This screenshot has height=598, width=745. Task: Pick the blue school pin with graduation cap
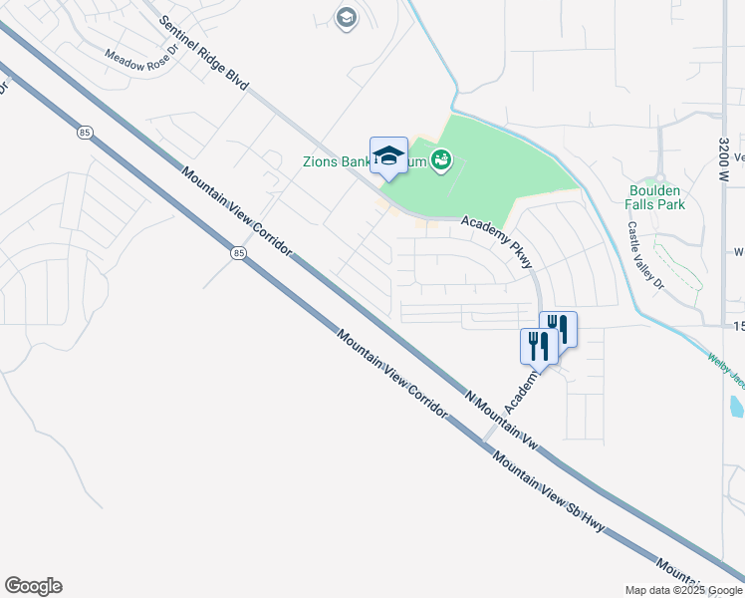click(388, 156)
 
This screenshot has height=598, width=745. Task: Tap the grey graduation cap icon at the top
click(346, 18)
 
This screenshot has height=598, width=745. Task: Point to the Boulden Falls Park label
click(656, 196)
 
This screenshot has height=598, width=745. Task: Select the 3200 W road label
click(723, 125)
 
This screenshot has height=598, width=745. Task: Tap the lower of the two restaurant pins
click(535, 347)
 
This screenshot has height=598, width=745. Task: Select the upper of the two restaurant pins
click(558, 329)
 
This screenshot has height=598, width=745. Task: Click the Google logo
click(33, 586)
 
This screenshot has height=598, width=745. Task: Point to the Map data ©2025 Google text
click(683, 590)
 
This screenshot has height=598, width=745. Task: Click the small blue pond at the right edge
click(736, 406)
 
